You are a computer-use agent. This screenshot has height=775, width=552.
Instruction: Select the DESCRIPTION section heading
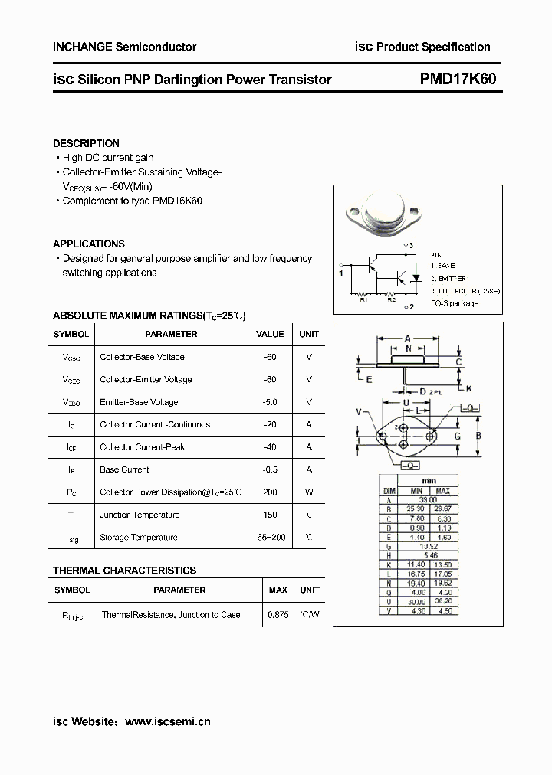click(86, 143)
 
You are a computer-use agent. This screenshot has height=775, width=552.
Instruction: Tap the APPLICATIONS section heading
click(88, 244)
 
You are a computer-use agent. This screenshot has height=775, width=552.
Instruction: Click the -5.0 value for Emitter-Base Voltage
click(269, 402)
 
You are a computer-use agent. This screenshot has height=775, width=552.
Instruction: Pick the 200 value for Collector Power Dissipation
click(270, 492)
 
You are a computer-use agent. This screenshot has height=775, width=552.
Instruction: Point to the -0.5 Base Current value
click(269, 469)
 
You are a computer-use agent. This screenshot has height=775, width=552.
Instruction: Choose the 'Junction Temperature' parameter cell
click(140, 515)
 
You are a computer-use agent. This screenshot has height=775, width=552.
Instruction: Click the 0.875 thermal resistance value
click(278, 615)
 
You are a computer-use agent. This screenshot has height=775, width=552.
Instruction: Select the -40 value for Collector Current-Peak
click(269, 447)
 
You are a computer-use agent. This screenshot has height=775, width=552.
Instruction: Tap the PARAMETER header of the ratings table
click(171, 334)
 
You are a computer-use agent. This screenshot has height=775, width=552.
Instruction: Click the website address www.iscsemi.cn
click(167, 721)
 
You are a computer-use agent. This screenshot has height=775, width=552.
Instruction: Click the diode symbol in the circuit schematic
click(416, 276)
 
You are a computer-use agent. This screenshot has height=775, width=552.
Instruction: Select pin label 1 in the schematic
click(340, 272)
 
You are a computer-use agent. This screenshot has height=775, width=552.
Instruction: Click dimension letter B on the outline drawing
click(478, 437)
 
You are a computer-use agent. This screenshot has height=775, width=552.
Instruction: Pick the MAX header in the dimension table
click(443, 491)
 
